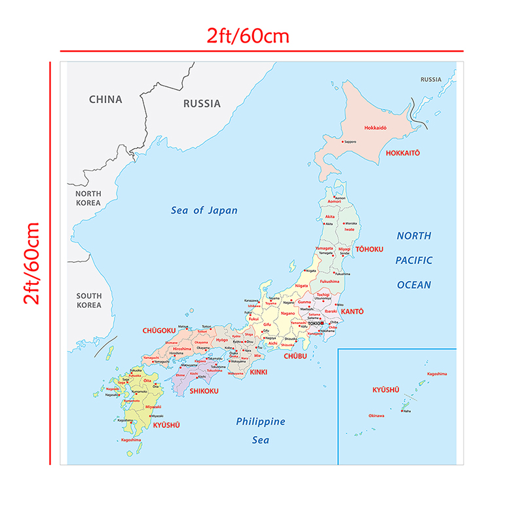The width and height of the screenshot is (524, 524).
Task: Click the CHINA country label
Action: pyautogui.click(x=105, y=100)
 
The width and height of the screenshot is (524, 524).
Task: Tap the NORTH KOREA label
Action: pyautogui.click(x=88, y=198)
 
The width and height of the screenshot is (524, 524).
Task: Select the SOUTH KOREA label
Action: pyautogui.click(x=88, y=301)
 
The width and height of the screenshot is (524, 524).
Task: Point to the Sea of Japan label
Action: pyautogui.click(x=204, y=210)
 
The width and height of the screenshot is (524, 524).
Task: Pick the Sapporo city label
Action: pyautogui.click(x=350, y=141)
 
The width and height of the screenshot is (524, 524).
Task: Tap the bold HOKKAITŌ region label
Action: pyautogui.click(x=402, y=153)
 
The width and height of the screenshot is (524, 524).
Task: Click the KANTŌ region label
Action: pyautogui.click(x=352, y=311)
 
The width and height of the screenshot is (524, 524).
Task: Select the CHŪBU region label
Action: pyautogui.click(x=295, y=356)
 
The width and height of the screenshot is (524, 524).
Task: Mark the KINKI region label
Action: pyautogui.click(x=258, y=372)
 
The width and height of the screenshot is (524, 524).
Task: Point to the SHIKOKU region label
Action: pyautogui.click(x=204, y=391)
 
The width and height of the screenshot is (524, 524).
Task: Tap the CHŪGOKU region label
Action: pyautogui.click(x=158, y=331)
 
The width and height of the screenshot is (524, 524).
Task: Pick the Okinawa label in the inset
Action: pyautogui.click(x=377, y=415)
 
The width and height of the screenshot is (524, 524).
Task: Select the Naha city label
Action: pyautogui.click(x=407, y=411)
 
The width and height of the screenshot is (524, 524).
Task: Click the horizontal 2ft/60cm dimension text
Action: pyautogui.click(x=248, y=35)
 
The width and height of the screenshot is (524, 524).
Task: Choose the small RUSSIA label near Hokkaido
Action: pyautogui.click(x=431, y=80)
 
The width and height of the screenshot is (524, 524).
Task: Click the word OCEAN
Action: pyautogui.click(x=414, y=285)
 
